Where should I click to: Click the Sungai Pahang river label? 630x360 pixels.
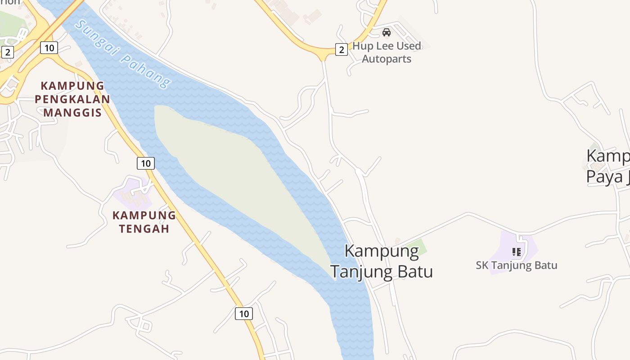[123, 54]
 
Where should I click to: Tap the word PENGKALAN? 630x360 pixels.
[72, 99]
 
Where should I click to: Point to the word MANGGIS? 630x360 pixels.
[72, 112]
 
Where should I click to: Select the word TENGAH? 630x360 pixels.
[144, 229]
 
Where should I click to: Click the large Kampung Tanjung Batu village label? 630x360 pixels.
[382, 261]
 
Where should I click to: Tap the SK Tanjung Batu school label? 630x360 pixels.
[517, 265]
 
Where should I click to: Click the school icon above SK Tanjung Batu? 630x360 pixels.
[517, 252]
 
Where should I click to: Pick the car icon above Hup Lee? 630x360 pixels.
[386, 32]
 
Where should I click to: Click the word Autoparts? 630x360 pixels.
[387, 59]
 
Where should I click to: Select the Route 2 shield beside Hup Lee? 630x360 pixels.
[342, 49]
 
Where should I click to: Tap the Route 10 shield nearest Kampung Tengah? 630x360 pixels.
[145, 163]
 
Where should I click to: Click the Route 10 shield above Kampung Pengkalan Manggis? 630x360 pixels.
[49, 47]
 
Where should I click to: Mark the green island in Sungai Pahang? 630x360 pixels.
[234, 175]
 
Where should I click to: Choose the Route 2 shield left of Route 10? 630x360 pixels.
[7, 52]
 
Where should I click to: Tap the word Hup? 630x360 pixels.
[362, 46]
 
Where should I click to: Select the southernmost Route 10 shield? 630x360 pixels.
[243, 313]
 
